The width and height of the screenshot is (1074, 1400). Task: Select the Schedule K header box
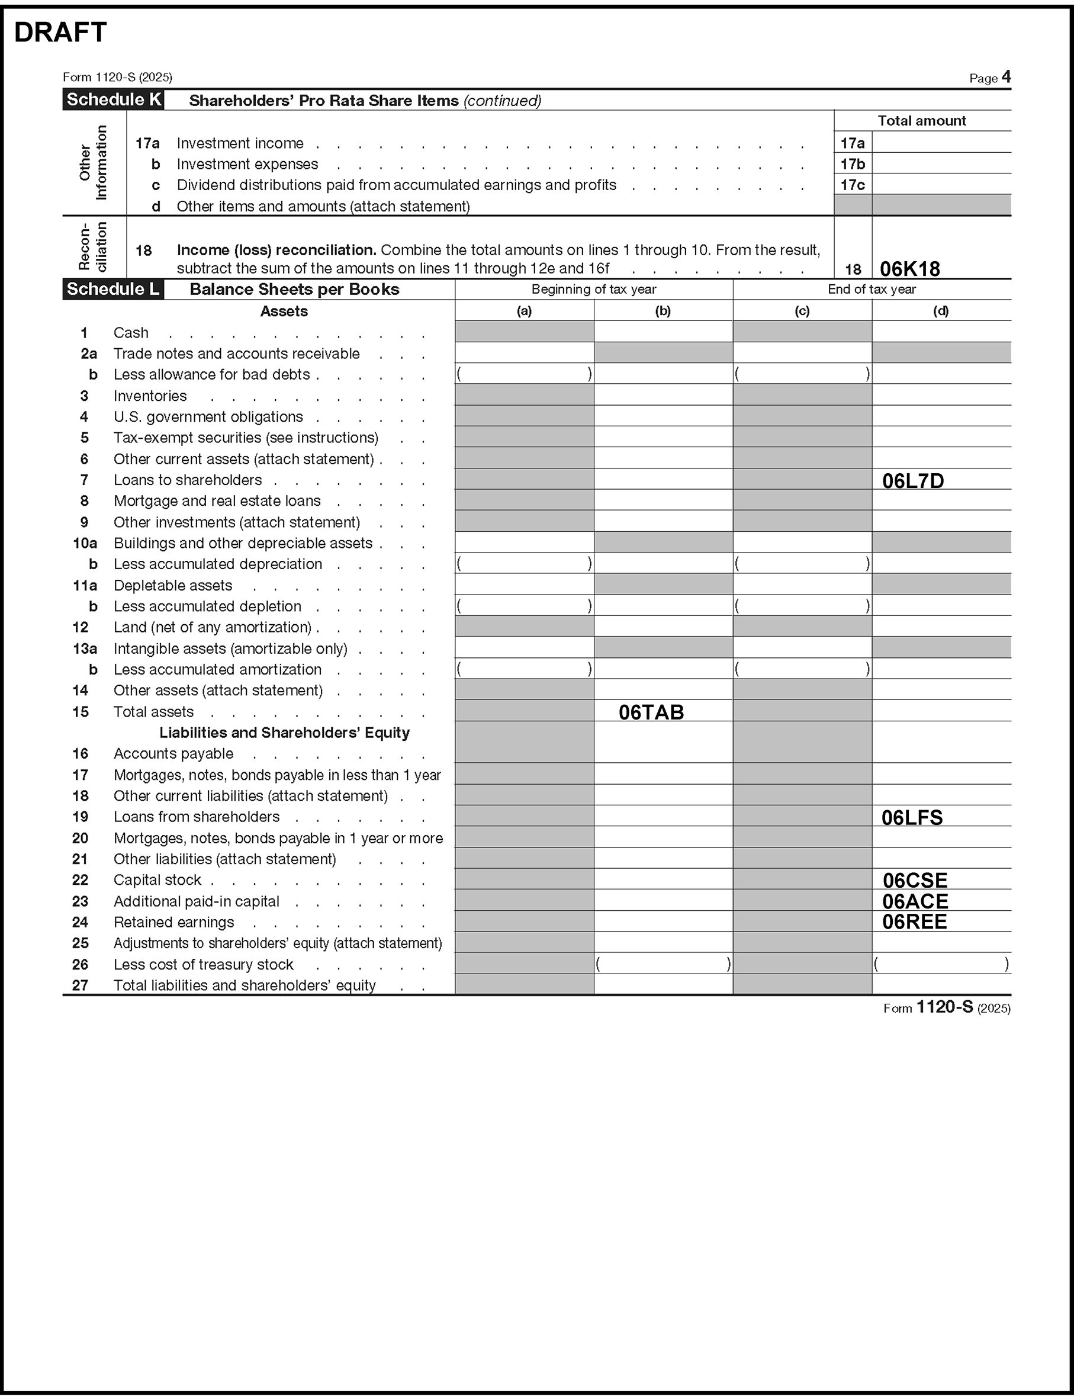(113, 99)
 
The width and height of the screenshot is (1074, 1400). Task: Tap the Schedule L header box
(113, 289)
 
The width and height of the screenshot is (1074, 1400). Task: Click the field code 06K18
(910, 268)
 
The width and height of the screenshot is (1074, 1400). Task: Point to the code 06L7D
(913, 481)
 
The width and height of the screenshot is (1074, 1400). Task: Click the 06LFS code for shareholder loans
(912, 818)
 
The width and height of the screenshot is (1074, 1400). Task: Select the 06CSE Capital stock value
(915, 880)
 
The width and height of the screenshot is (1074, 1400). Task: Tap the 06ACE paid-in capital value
(915, 901)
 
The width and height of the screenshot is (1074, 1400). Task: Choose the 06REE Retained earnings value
(914, 922)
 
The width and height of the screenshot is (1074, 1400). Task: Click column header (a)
(524, 311)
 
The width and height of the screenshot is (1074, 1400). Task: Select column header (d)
(940, 311)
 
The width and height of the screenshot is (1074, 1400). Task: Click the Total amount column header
(921, 121)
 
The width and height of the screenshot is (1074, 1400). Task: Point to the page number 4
(1007, 77)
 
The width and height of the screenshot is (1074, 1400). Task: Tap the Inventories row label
(150, 396)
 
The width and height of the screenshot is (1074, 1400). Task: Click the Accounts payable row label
(173, 754)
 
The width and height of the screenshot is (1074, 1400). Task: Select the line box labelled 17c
(852, 185)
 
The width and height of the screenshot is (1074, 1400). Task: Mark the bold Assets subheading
(284, 312)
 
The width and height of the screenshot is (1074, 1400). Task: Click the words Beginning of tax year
(593, 290)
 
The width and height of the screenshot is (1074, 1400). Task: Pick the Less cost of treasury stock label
(203, 965)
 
